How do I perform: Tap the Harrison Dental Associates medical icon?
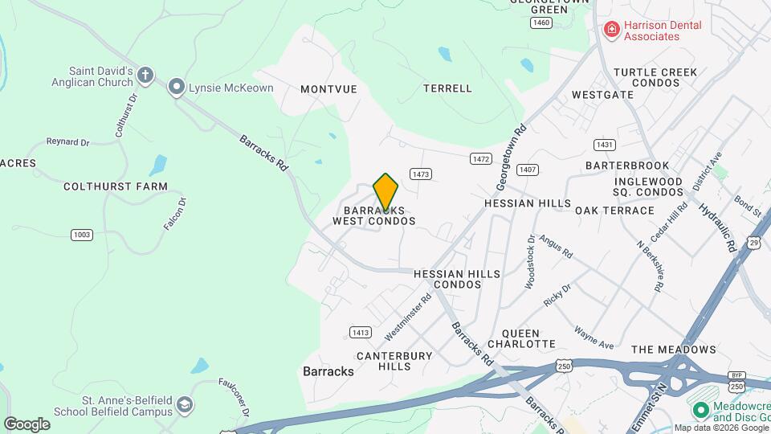click(612, 30)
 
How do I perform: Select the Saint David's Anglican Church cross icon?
click(145, 76)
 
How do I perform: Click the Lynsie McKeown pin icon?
click(177, 88)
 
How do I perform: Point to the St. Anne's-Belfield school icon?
click(186, 405)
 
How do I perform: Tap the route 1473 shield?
click(420, 174)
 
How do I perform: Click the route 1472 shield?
click(480, 159)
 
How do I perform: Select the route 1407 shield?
click(527, 170)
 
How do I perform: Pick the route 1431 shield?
click(605, 145)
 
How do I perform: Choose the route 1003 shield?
click(80, 235)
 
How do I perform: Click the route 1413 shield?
click(360, 332)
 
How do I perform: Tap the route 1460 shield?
click(541, 23)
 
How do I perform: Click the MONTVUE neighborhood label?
click(328, 89)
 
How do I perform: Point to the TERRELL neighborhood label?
click(447, 88)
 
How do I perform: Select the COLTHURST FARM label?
click(116, 186)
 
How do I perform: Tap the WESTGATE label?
click(602, 95)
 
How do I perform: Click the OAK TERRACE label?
click(614, 211)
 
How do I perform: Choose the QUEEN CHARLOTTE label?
click(528, 338)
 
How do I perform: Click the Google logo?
click(27, 424)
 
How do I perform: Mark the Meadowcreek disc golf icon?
click(700, 411)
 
